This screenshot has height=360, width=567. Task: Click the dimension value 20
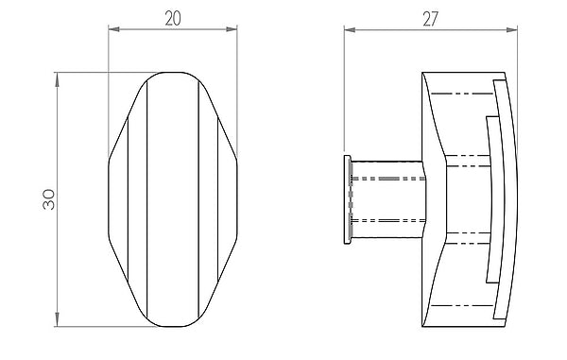173,19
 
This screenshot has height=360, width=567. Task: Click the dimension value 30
49,199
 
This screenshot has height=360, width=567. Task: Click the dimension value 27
430,19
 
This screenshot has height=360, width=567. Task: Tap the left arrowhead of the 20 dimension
114,29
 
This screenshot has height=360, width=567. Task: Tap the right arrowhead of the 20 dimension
232,29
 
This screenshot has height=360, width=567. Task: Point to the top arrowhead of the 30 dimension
57,80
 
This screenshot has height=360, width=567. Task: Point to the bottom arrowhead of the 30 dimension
57,319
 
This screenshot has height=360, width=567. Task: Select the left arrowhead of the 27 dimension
350,30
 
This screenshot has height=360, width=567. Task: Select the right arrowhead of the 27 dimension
512,30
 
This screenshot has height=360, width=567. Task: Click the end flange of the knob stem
348,200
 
